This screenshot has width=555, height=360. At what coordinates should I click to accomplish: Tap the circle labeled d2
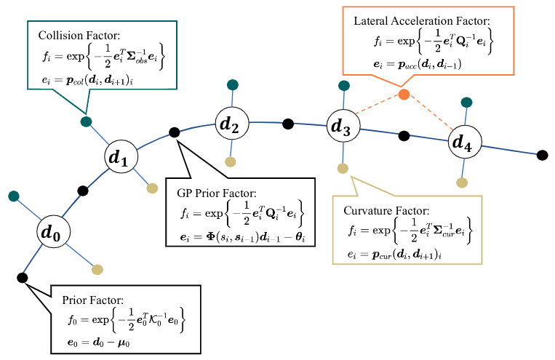tap(231, 125)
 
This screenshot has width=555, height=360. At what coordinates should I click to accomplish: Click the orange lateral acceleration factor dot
tap(404, 95)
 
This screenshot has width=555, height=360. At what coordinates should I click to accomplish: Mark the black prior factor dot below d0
tap(22, 277)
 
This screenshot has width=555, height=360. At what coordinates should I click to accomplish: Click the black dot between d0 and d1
tap(83, 191)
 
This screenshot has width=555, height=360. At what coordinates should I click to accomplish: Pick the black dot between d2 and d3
tap(288, 122)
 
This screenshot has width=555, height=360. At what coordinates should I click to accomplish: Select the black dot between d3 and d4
tap(402, 135)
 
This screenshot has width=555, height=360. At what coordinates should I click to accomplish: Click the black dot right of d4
tap(543, 154)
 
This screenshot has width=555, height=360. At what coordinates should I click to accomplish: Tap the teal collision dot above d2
tap(231, 84)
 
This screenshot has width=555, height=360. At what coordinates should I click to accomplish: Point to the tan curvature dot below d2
tap(231, 161)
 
